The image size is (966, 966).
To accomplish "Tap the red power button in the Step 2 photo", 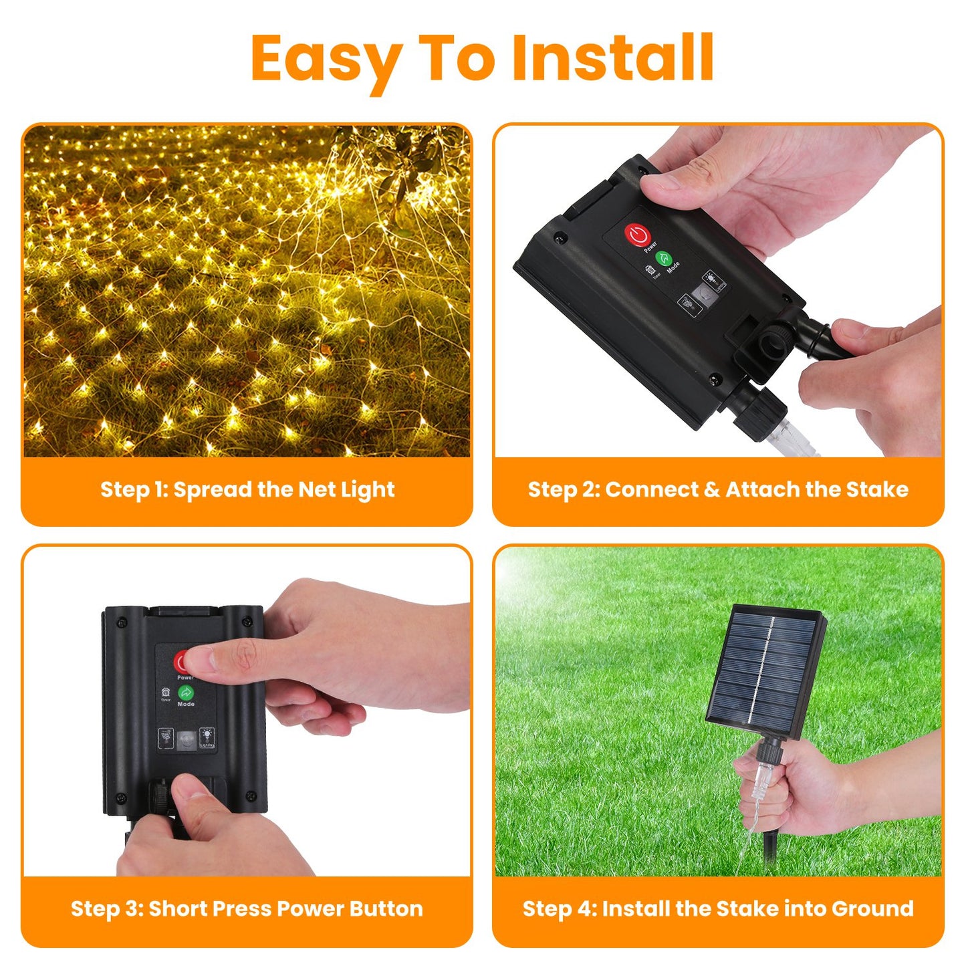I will (637, 235).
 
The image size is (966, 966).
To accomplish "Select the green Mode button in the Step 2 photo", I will (664, 258).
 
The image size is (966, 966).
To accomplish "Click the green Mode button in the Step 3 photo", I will (186, 693).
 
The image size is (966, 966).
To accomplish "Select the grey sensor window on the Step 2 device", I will (702, 294).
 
